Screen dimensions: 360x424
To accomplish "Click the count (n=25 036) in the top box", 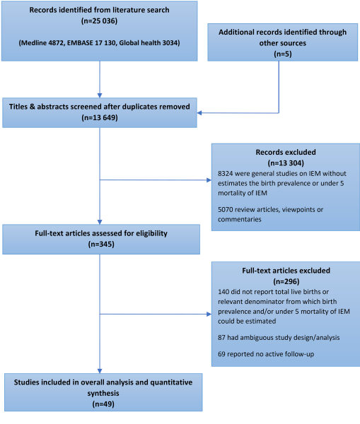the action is (99, 20).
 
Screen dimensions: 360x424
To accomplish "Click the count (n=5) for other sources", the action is (283, 54).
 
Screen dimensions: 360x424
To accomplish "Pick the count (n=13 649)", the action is (100, 117).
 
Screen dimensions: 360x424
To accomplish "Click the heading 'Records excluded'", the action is (286, 152).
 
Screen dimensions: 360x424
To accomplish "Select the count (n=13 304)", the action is (286, 163).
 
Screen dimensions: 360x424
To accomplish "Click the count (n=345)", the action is (101, 245).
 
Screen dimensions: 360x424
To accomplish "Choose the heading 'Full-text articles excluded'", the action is (286, 271).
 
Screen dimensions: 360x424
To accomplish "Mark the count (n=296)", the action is (286, 281).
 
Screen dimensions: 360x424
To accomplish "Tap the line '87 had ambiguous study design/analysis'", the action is (279, 338).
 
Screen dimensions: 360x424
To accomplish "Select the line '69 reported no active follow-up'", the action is (266, 354).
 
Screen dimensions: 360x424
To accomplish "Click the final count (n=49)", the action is (103, 404).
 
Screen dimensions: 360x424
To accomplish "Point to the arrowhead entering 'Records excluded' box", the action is (209, 179).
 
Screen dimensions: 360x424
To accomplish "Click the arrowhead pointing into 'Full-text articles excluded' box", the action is (209, 314).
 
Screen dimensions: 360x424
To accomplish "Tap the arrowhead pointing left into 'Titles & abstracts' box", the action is (199, 113).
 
